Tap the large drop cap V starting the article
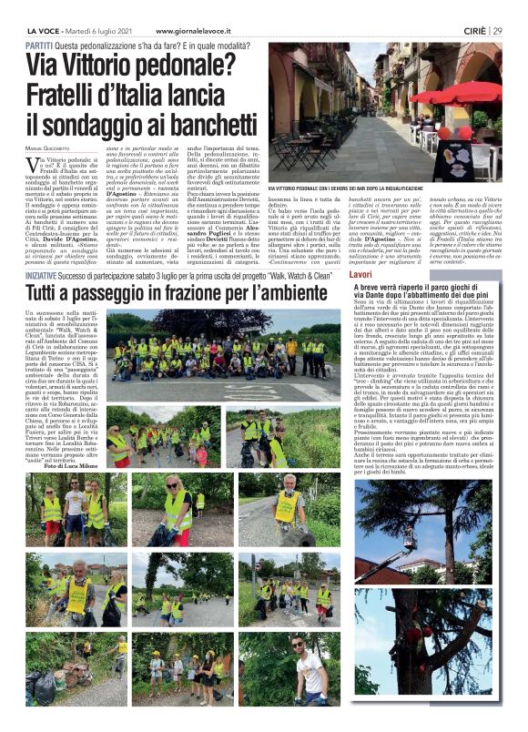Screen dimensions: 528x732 [33, 164]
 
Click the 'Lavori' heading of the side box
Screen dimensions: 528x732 [361, 274]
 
